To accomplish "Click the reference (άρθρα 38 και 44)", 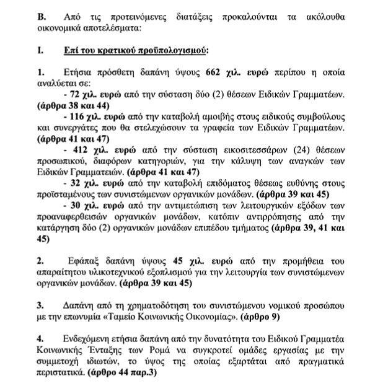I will coord(73,107).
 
